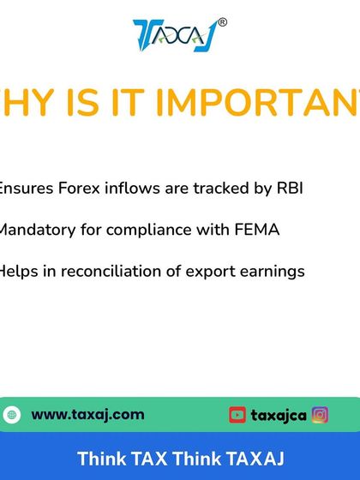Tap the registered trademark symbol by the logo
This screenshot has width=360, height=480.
(x=223, y=22)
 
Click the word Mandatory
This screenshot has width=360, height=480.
(x=37, y=230)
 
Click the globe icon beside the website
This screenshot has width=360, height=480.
(x=12, y=415)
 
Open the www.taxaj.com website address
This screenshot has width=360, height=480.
(x=87, y=415)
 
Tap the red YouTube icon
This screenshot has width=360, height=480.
(x=237, y=415)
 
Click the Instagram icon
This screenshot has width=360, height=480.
(x=320, y=415)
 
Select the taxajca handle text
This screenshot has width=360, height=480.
(x=279, y=415)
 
